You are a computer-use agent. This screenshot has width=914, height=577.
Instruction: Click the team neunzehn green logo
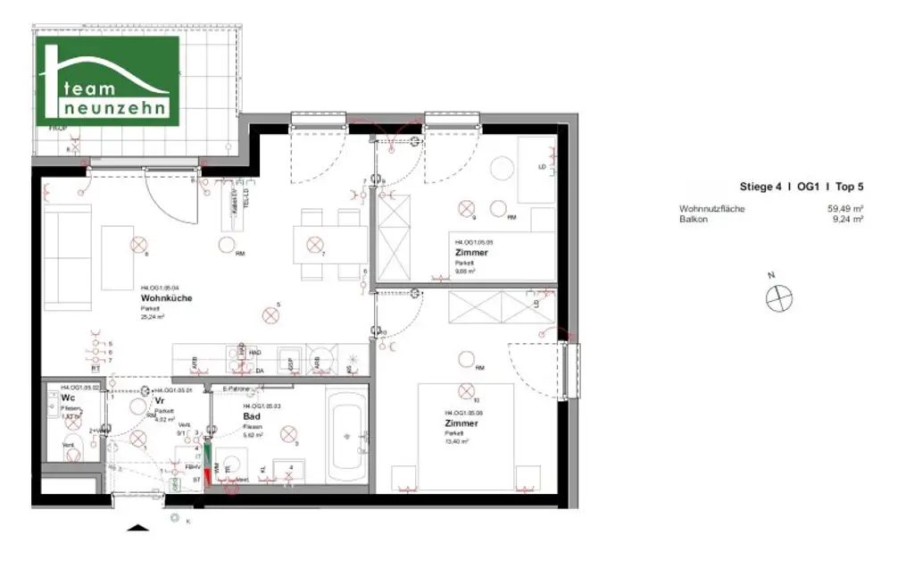pyautogui.click(x=107, y=81)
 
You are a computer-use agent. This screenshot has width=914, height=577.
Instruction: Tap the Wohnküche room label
pyautogui.click(x=166, y=298)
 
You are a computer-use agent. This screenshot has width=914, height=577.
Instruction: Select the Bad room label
pyautogui.click(x=251, y=416)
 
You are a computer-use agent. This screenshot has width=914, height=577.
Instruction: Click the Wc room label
pyautogui.click(x=67, y=398)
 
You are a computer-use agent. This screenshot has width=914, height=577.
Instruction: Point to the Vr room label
pyautogui.click(x=159, y=402)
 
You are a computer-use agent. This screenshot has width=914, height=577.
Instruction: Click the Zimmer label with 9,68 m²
pyautogui.click(x=472, y=253)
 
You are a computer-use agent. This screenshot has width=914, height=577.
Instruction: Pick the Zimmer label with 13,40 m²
pyautogui.click(x=461, y=423)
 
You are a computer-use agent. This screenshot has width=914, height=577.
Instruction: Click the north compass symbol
pyautogui.click(x=779, y=297)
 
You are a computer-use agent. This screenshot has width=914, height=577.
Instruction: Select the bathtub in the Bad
pyautogui.click(x=346, y=436)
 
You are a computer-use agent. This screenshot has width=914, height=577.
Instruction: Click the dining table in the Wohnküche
pyautogui.click(x=330, y=244)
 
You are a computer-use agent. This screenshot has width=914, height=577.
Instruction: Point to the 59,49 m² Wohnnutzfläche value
pyautogui.click(x=844, y=209)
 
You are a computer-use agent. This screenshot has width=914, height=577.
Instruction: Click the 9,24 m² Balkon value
pyautogui.click(x=846, y=218)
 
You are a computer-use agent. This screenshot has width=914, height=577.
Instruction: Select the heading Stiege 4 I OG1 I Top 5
pyautogui.click(x=801, y=187)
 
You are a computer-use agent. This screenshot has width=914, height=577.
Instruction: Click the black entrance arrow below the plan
pyautogui.click(x=137, y=528)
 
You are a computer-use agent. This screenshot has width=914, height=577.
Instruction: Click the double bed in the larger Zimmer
pyautogui.click(x=465, y=438)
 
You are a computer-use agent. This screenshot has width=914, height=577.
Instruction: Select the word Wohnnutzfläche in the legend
pyautogui.click(x=711, y=209)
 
